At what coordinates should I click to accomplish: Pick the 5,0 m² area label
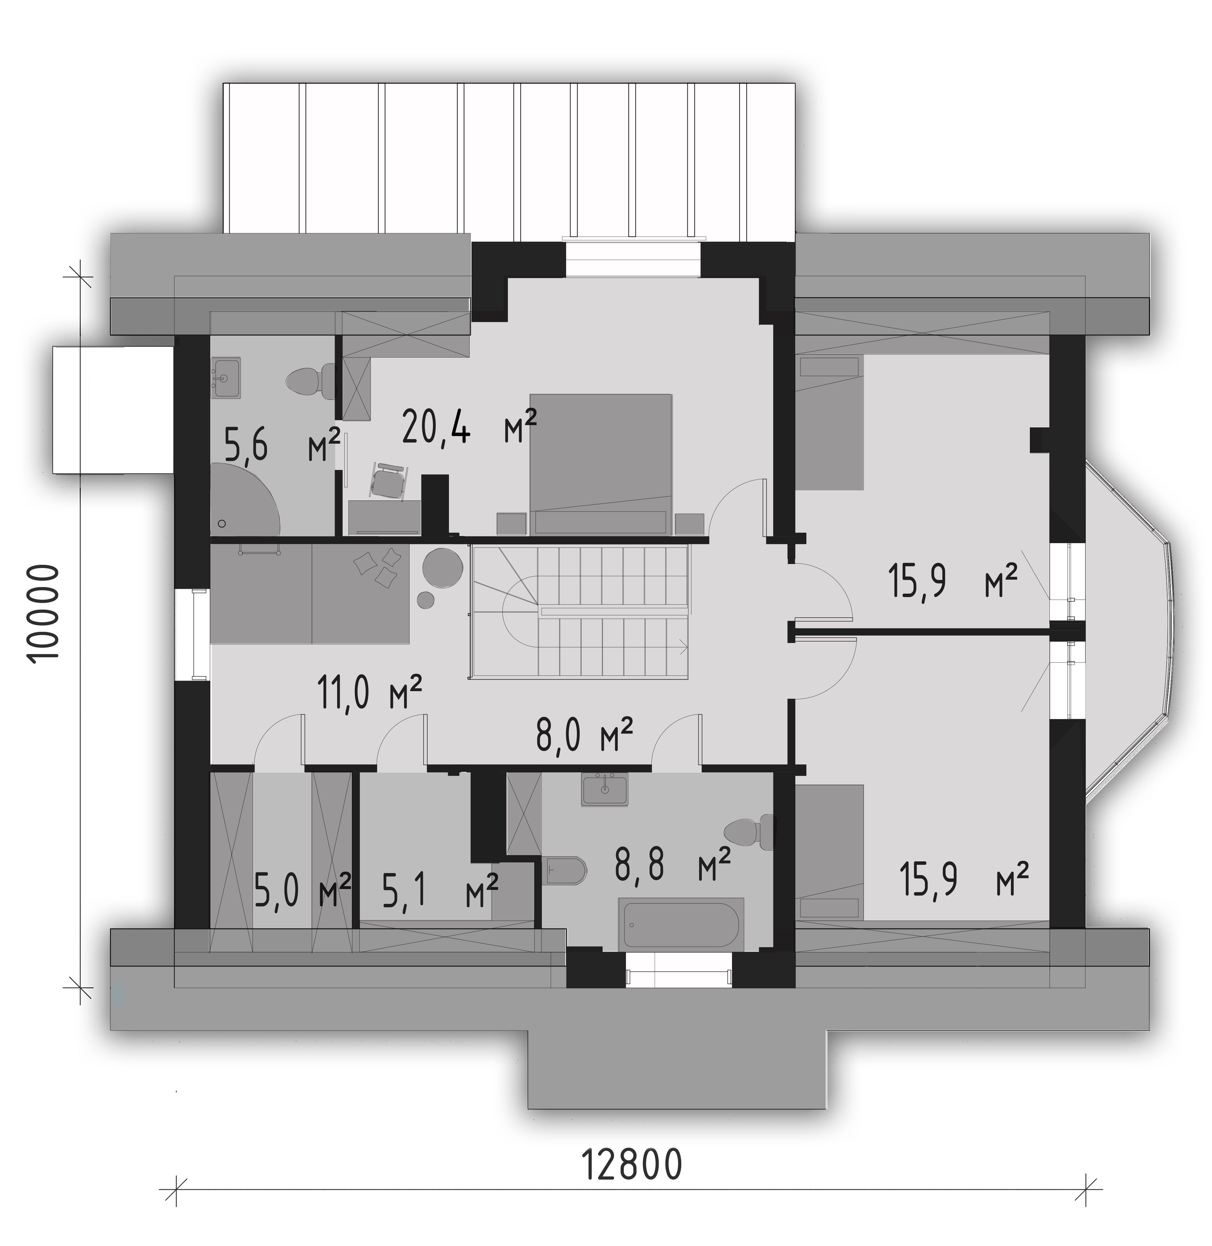(302, 891)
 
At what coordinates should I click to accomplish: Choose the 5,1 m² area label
(439, 891)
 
